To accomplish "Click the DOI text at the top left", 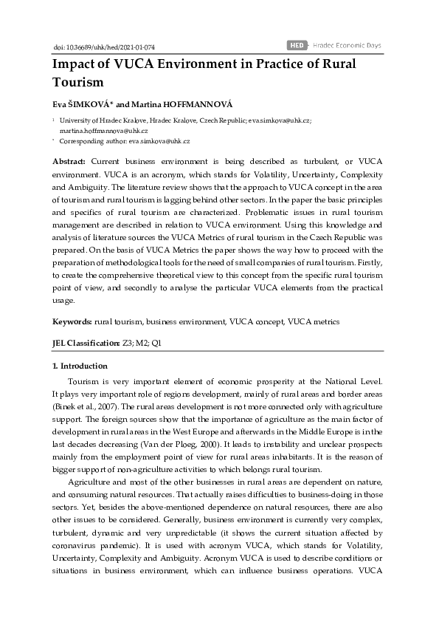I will pyautogui.click(x=93, y=46).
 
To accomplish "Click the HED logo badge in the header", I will pyautogui.click(x=297, y=45).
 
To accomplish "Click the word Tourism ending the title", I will pyautogui.click(x=77, y=82).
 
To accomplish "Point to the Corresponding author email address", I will pyautogui.click(x=159, y=140).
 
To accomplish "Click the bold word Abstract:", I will pyautogui.click(x=69, y=160).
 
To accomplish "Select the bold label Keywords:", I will pyautogui.click(x=72, y=322).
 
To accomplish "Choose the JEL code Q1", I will pyautogui.click(x=156, y=343).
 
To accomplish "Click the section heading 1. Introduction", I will pyautogui.click(x=80, y=366).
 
